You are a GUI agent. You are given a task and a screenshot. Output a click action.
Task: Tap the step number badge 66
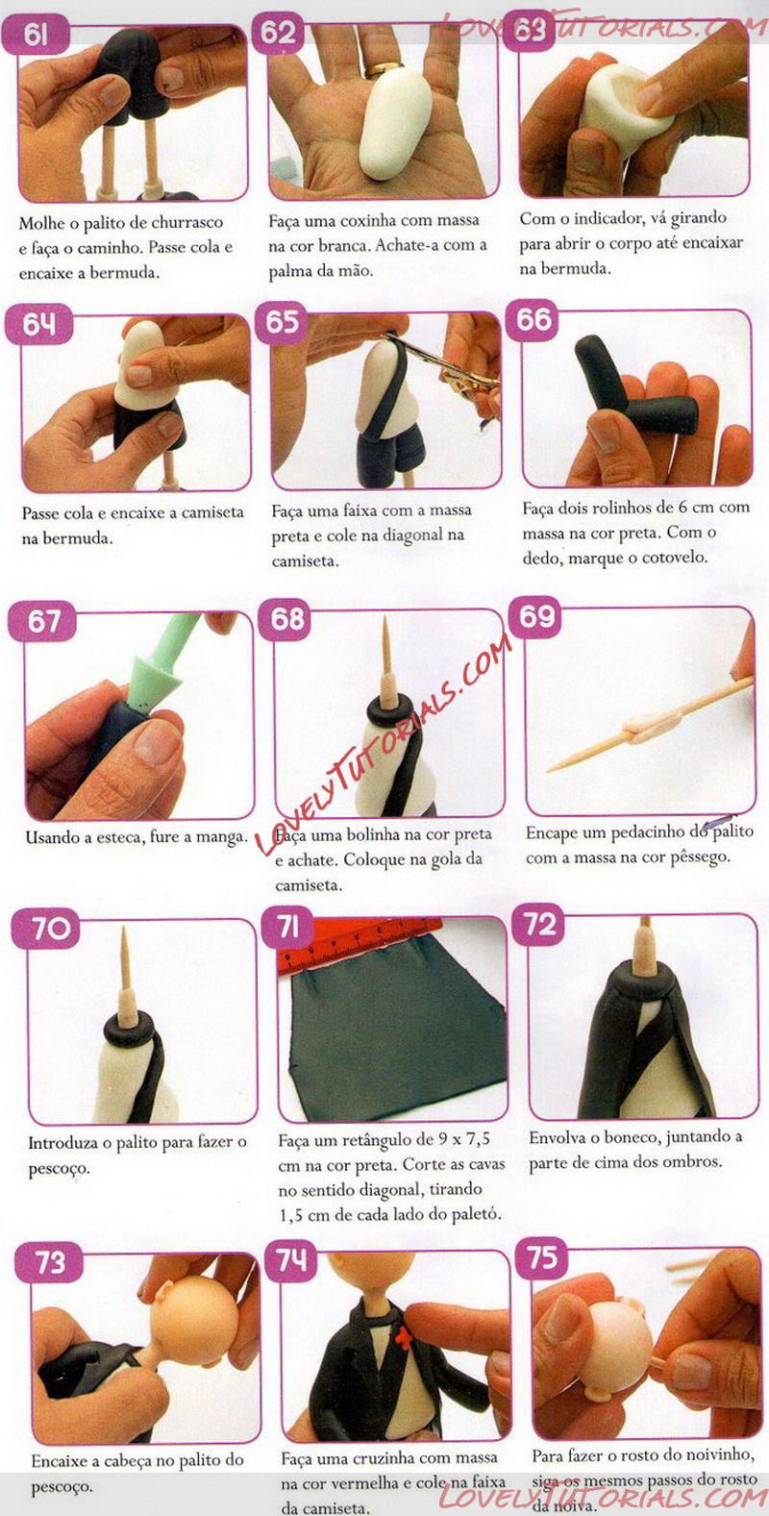click(533, 319)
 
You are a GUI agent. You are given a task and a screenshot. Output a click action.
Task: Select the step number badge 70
click(46, 928)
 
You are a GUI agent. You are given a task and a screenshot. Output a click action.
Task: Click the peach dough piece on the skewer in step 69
click(654, 729)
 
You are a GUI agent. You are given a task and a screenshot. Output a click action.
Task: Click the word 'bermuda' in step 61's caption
click(125, 273)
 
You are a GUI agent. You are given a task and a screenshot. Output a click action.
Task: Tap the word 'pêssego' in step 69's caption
click(699, 857)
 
